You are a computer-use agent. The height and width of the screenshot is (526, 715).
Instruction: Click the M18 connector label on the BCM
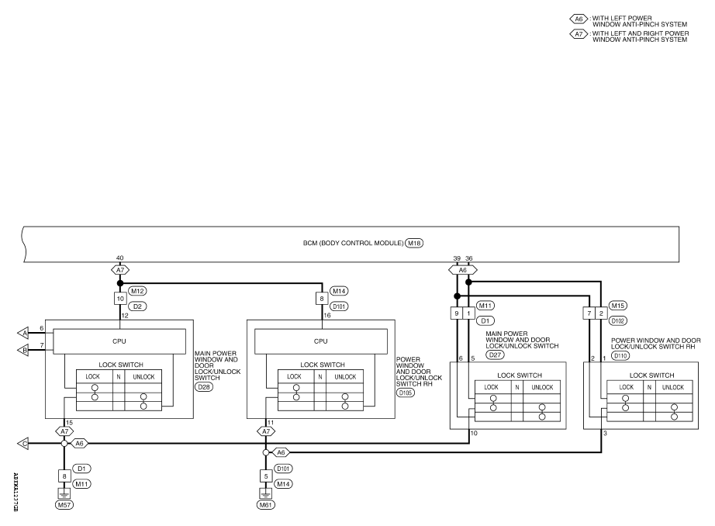click(414, 243)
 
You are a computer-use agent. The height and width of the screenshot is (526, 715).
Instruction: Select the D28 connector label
click(204, 387)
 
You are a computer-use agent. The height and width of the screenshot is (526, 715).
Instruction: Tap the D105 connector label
click(406, 393)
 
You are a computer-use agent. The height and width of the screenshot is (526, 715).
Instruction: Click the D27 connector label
click(495, 355)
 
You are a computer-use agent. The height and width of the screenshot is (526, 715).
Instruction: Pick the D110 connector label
click(620, 356)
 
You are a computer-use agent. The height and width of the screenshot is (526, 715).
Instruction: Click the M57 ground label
click(64, 505)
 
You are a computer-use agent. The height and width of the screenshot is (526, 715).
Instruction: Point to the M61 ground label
click(265, 505)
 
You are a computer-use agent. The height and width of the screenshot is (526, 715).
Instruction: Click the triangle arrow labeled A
click(23, 334)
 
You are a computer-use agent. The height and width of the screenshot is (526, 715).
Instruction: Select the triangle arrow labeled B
click(23, 351)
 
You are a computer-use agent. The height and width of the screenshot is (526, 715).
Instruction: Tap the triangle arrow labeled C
click(23, 444)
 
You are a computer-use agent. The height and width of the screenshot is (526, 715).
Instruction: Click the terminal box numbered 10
click(120, 299)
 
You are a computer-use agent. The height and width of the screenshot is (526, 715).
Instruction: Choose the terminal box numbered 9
click(457, 313)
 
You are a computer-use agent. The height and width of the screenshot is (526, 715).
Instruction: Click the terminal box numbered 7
click(589, 313)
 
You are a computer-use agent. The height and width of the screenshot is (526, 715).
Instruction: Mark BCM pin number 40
click(119, 258)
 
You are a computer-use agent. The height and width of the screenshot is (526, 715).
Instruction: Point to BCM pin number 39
click(457, 258)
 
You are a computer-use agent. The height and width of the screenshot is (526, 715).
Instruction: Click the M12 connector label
click(137, 291)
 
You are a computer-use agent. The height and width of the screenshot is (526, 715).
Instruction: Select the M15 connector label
click(618, 306)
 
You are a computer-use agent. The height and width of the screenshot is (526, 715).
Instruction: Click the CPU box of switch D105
click(321, 341)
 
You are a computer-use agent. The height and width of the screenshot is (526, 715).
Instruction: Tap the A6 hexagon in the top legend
click(579, 19)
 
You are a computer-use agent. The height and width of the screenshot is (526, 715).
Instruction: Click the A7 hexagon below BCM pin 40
click(120, 270)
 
